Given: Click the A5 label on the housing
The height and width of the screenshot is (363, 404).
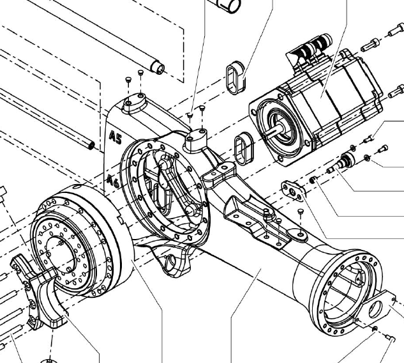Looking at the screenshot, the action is click(x=115, y=137).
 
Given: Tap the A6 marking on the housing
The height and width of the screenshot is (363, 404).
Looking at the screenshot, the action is click(x=113, y=181).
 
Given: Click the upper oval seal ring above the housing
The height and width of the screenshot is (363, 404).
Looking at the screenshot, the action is click(x=236, y=78).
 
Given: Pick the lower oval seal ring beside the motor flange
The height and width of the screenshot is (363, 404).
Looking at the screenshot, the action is click(x=244, y=148).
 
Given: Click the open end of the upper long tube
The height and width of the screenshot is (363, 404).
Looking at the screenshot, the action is click(x=157, y=67).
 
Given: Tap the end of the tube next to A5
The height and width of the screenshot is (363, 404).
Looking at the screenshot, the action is click(x=91, y=144).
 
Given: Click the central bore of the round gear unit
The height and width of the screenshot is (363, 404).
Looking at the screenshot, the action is click(x=61, y=255).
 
